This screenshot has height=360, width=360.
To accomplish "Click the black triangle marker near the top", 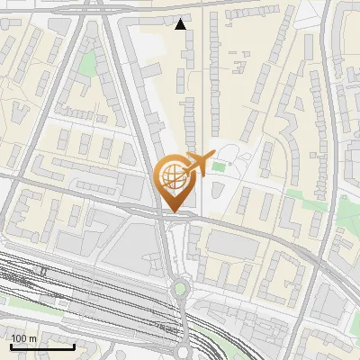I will [182, 24].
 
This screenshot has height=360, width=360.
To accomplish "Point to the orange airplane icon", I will [199, 163].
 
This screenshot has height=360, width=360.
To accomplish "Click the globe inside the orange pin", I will [172, 175].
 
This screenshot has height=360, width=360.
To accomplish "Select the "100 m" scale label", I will [24, 338].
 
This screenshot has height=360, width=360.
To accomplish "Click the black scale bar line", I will [42, 346].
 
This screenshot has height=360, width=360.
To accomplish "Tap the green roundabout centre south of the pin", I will [180, 289].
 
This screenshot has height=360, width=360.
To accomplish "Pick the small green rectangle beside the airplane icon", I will [219, 167].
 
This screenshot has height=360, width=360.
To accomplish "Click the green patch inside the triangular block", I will [87, 64].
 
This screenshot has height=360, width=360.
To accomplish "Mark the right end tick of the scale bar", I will [74, 346].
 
